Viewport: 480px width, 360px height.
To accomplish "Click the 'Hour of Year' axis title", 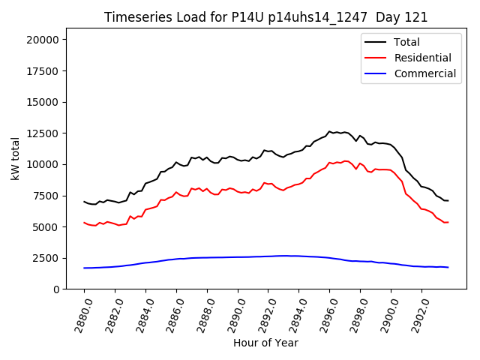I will coord(265,343).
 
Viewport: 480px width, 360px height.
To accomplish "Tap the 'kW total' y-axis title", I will coord(15,158).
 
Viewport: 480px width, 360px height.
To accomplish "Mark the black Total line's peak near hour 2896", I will coord(329,131).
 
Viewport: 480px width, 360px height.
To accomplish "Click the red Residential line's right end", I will coord(448,222).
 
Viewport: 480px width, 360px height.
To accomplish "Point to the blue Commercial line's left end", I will coord(84,268).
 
